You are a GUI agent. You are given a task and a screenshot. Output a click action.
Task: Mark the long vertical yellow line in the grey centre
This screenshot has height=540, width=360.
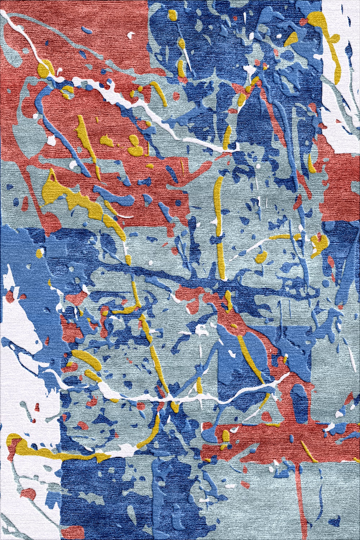tap(218, 223)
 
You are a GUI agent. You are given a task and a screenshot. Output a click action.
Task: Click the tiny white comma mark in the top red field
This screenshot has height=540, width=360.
tap(132, 35)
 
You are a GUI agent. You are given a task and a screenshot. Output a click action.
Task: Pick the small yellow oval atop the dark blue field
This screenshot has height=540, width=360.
tap(172, 15)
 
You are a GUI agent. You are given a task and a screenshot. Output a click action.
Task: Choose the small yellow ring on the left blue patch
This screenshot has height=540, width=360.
tap(40, 252)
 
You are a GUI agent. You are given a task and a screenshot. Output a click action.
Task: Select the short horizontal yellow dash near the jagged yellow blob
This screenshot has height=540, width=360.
tap(283, 237)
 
